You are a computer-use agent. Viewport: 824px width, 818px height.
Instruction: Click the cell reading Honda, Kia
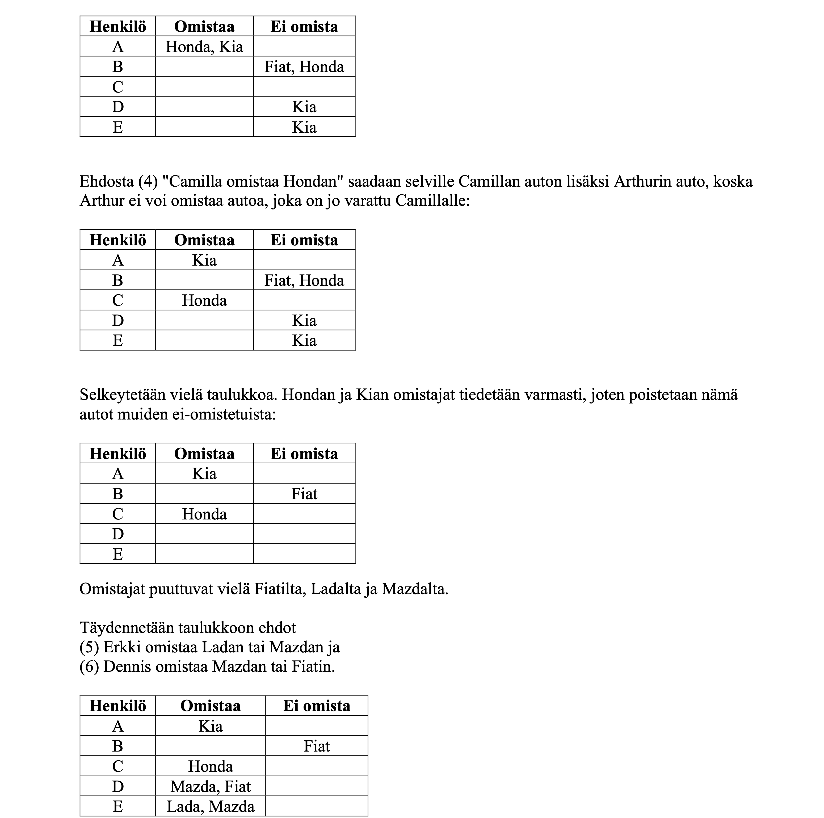(x=204, y=47)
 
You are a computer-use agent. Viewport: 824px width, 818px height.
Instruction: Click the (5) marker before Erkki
(x=89, y=647)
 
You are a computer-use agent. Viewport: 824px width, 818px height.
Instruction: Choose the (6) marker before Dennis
(x=89, y=666)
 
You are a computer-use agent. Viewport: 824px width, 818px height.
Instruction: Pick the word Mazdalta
(x=415, y=589)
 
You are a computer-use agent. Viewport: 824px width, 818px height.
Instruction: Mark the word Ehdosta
(x=107, y=181)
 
